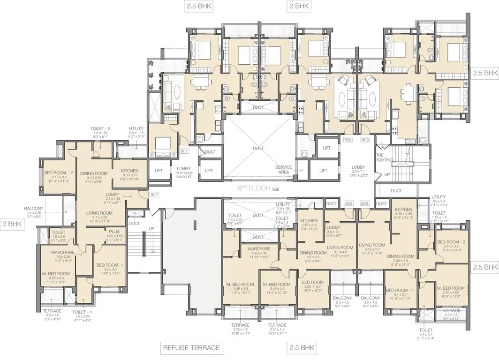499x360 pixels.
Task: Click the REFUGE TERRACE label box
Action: [191, 348]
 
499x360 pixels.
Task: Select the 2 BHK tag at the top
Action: [299, 6]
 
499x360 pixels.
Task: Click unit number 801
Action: [184, 151]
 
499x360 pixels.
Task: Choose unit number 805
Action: [348, 203]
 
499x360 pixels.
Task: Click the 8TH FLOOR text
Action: [253, 188]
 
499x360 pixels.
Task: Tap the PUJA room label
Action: [114, 231]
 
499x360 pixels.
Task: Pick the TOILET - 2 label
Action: [101, 128]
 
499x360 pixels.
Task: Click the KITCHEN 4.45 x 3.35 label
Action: [403, 210]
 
